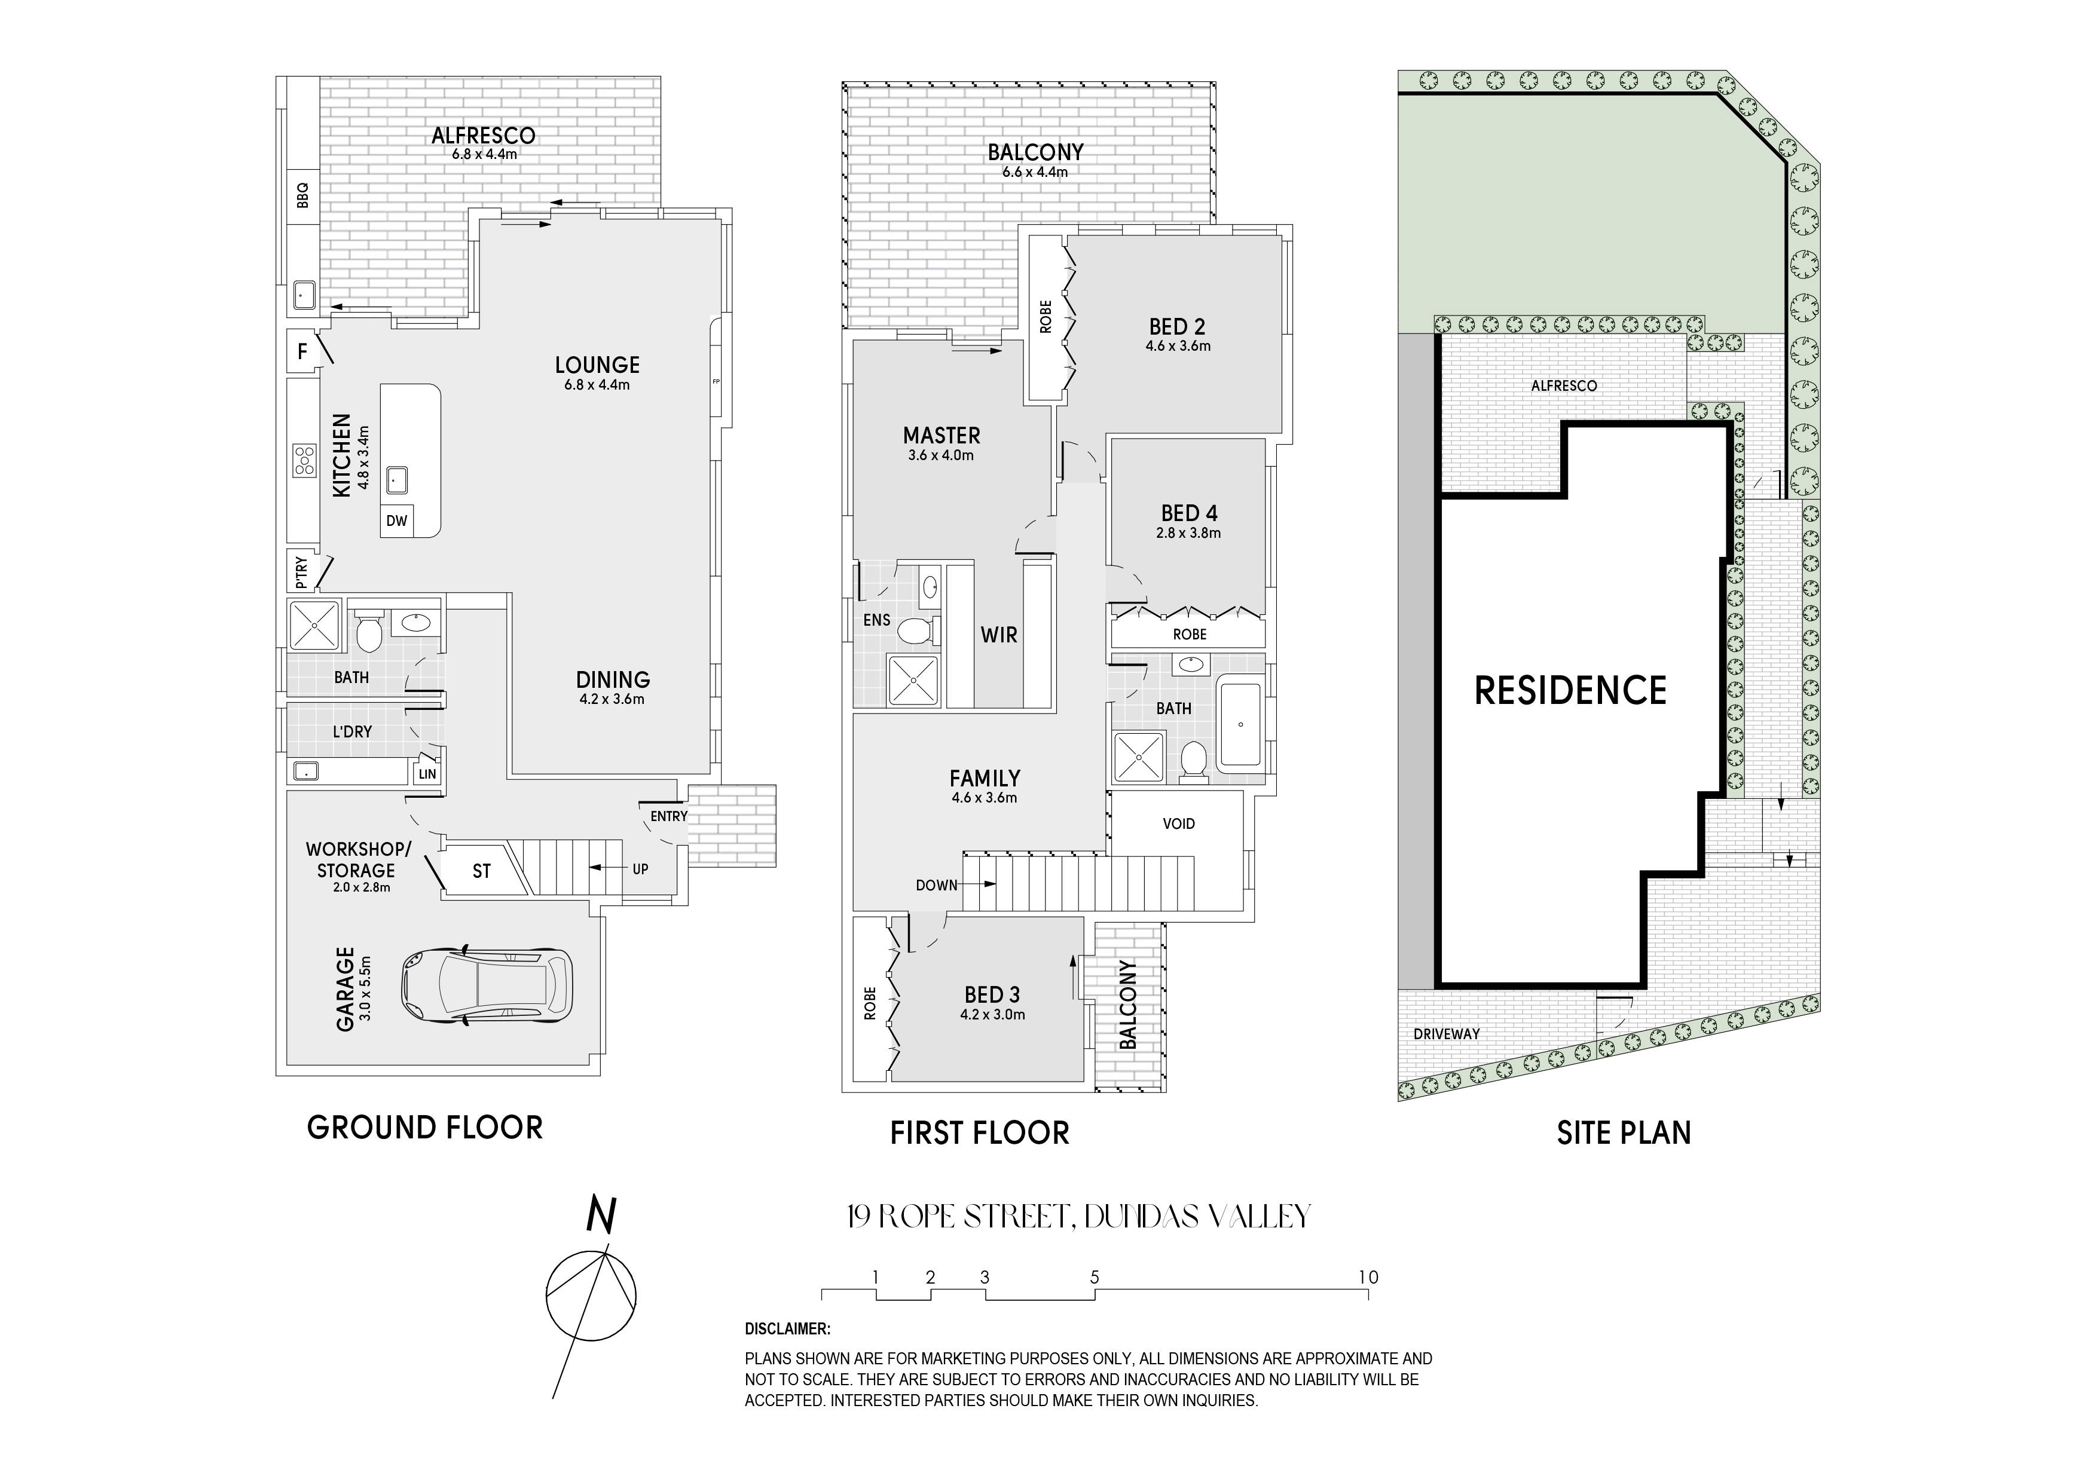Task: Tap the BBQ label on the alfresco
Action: point(303,195)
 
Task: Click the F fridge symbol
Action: point(302,351)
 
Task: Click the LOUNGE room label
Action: point(597,365)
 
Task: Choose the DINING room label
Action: point(613,679)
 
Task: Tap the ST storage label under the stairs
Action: point(481,872)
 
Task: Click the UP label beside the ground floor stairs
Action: point(640,868)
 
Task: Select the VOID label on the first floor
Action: point(1179,823)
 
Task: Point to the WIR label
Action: point(999,635)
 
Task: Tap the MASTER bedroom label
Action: point(941,436)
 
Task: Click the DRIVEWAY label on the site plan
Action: point(1447,1034)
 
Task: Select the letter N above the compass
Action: point(601,1217)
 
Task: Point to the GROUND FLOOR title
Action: point(424,1128)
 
